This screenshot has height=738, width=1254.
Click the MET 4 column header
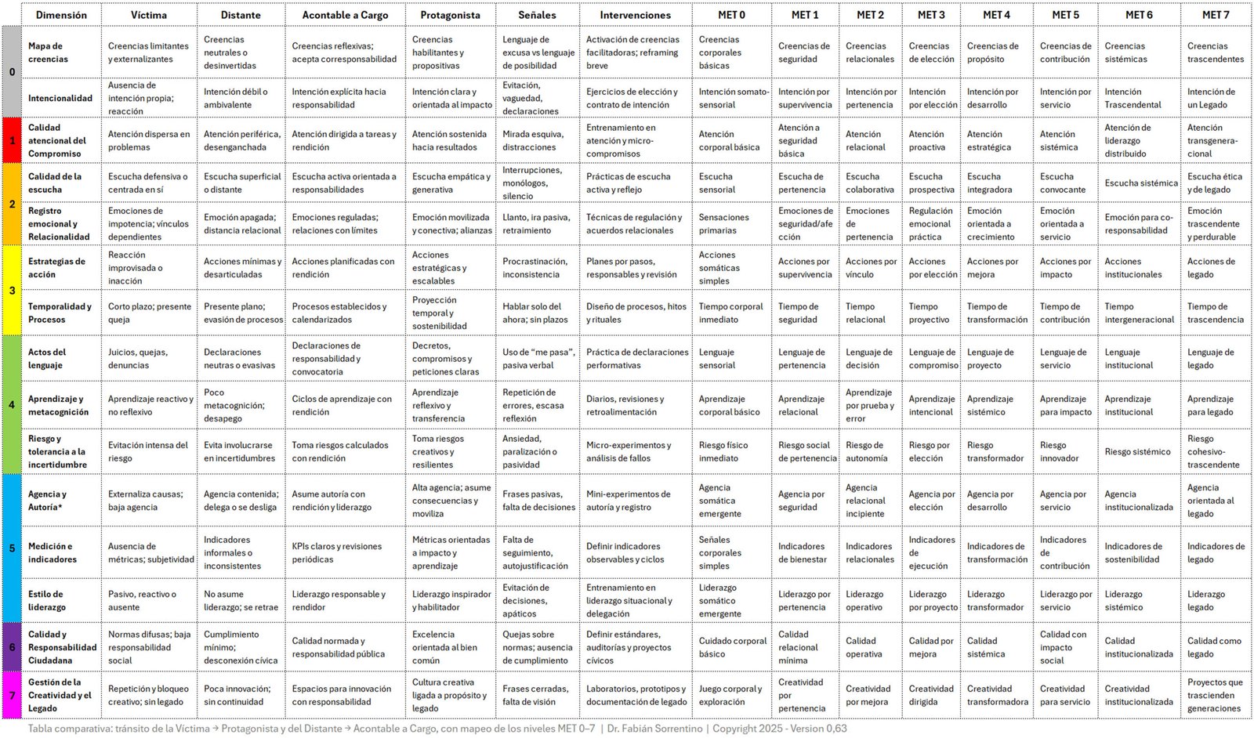pyautogui.click(x=996, y=15)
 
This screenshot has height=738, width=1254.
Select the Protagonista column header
pyautogui.click(x=450, y=15)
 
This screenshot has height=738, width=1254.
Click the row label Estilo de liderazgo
pyautogui.click(x=47, y=600)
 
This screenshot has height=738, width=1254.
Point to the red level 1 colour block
pyautogui.click(x=12, y=140)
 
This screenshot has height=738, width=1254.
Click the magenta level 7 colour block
pyautogui.click(x=12, y=694)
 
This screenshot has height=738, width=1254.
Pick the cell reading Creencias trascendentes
pyautogui.click(x=1215, y=52)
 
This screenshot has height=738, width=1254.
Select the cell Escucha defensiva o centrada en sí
pyautogui.click(x=148, y=183)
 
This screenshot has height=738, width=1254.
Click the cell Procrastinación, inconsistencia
pyautogui.click(x=535, y=268)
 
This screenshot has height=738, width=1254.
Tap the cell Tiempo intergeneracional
pyautogui.click(x=1139, y=313)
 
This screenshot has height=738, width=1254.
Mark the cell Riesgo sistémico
pyautogui.click(x=1137, y=451)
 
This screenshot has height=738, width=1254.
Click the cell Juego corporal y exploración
pyautogui.click(x=730, y=695)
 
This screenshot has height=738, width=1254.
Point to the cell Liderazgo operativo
pyautogui.click(x=864, y=600)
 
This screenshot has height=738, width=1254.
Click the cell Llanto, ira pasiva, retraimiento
pyautogui.click(x=535, y=223)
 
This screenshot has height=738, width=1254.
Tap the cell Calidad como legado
pyautogui.click(x=1214, y=647)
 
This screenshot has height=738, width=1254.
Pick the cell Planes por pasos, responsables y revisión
pyautogui.click(x=632, y=268)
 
